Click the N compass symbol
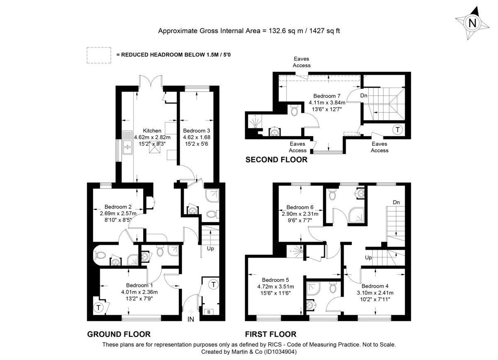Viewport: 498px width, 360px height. (x=472, y=23)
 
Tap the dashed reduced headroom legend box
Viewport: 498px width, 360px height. (x=99, y=55)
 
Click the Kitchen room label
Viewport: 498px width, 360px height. (x=152, y=131)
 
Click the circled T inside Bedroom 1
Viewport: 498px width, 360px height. (x=98, y=308)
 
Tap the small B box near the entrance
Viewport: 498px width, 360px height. (x=207, y=311)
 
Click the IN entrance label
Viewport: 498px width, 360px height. (x=191, y=319)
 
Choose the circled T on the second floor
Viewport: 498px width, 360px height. (x=398, y=130)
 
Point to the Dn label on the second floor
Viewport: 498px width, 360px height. (x=364, y=96)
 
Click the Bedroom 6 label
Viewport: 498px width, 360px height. (x=300, y=207)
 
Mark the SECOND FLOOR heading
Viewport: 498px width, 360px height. (x=276, y=159)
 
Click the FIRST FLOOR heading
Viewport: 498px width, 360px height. (x=271, y=334)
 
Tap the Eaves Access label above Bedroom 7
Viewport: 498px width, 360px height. (x=302, y=62)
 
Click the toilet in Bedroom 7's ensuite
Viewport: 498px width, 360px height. (x=294, y=110)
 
